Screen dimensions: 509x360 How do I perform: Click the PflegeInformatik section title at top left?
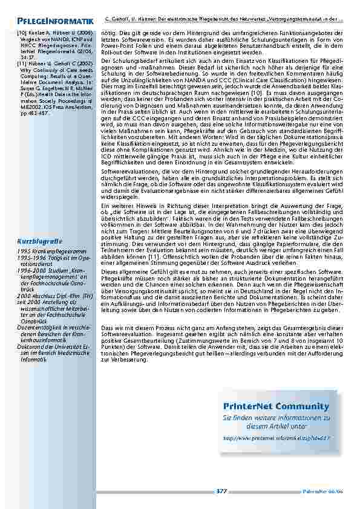[x=55, y=22]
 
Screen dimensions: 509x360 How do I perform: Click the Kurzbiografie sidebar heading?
[x=41, y=242]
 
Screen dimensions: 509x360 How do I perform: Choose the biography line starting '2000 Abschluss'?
[x=54, y=297]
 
